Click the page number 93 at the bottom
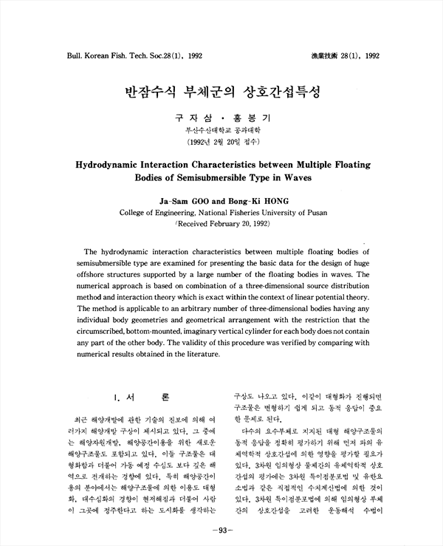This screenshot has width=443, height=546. (221, 530)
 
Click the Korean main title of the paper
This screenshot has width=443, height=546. (221, 93)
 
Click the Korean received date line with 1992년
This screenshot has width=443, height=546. (222, 139)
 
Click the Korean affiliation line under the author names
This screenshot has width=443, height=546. (222, 129)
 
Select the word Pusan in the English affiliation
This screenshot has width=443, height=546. (309, 212)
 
